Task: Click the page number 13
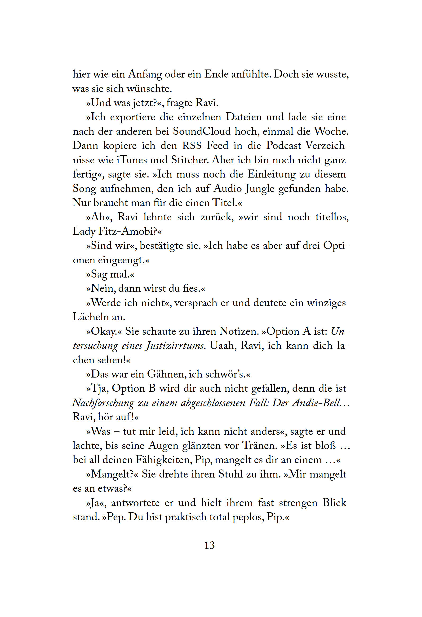(209, 545)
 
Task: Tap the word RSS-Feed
(205, 145)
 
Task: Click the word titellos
(332, 217)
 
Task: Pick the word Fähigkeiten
(164, 460)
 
